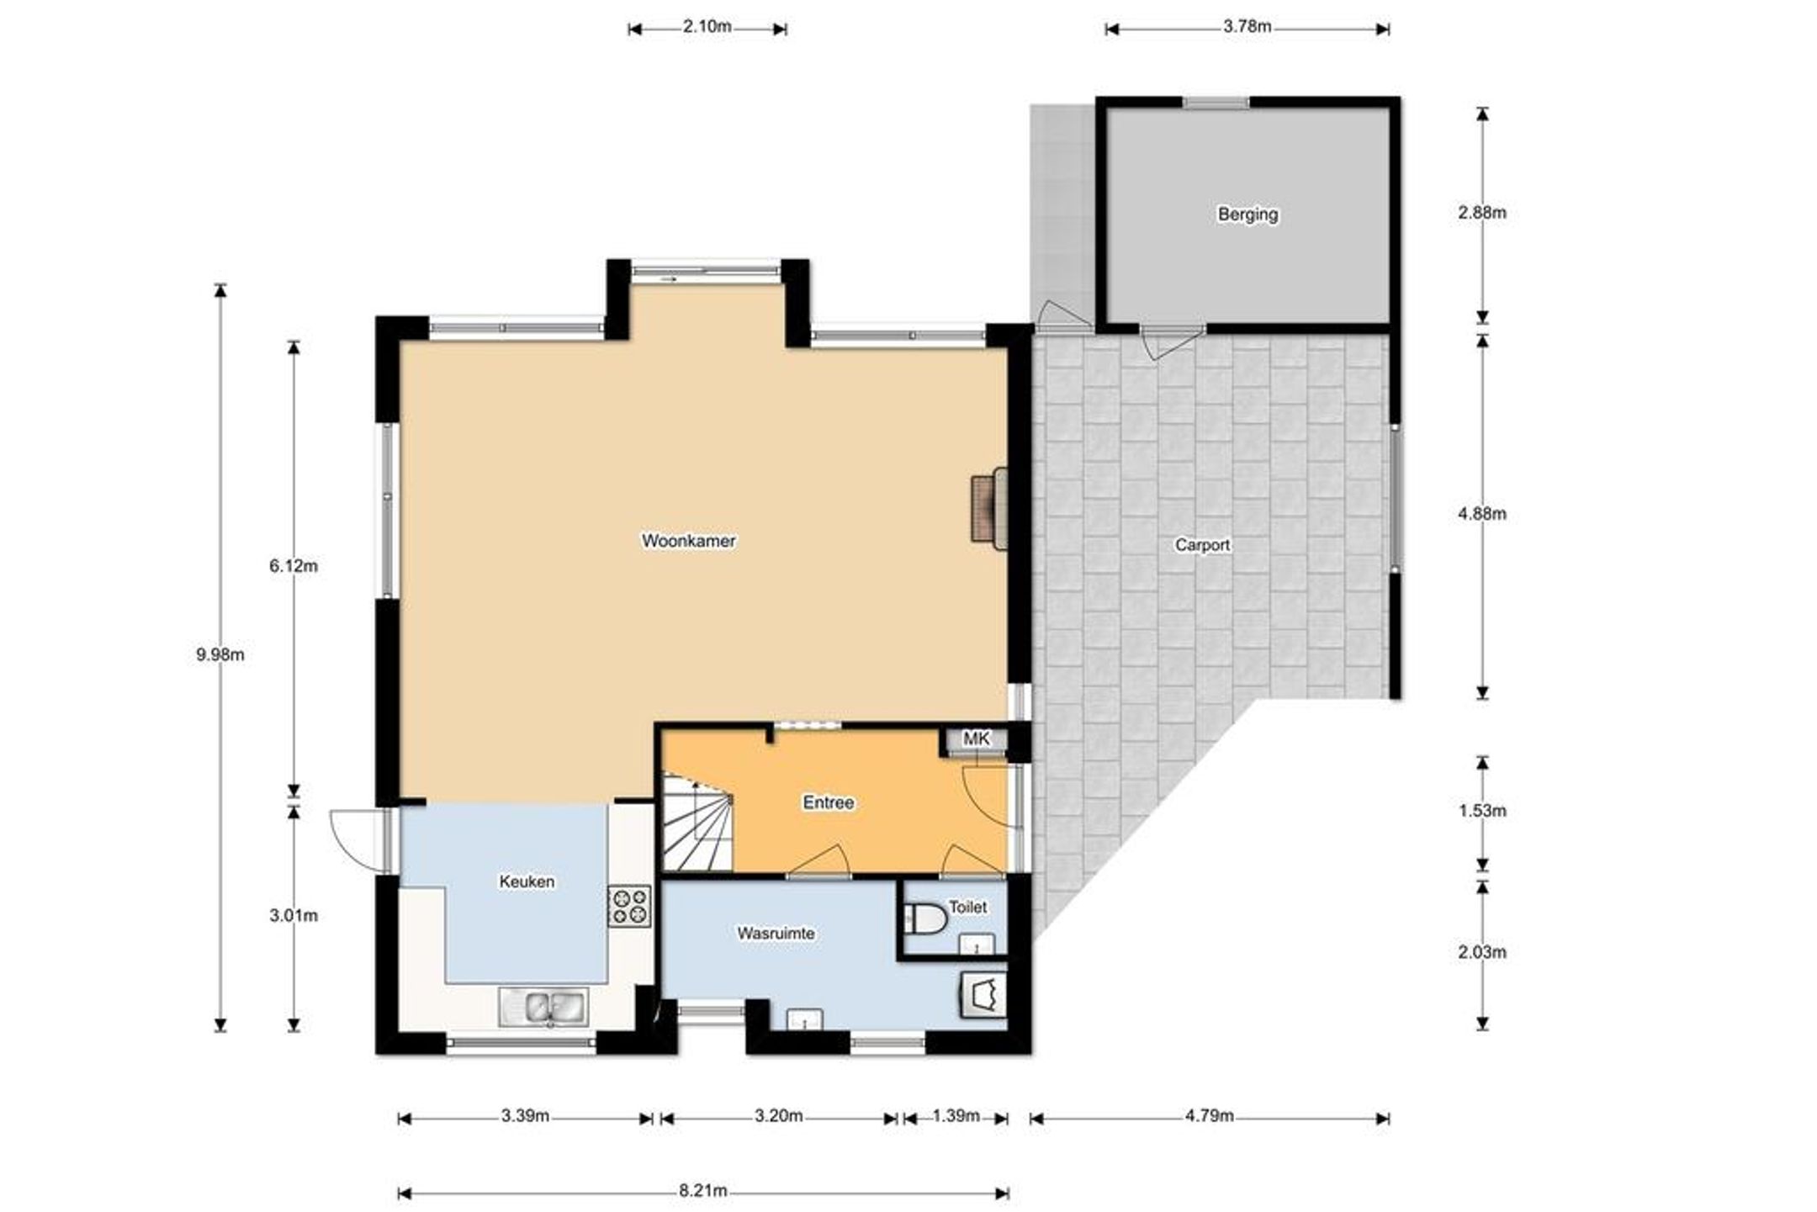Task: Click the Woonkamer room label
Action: coord(688,541)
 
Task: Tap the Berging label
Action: coord(1248,214)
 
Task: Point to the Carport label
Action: coord(1202,545)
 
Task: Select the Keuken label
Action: coord(527,881)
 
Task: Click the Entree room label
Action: coord(829,802)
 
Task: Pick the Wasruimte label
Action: coord(776,934)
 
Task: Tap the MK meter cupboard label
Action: coord(976,738)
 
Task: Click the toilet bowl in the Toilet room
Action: coord(924,918)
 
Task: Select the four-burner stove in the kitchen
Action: coord(629,906)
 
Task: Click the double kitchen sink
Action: coord(544,1007)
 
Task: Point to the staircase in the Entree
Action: coord(697,823)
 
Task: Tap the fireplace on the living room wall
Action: coord(989,508)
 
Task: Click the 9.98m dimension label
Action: coord(220,654)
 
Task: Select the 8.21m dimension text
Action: coord(703,1190)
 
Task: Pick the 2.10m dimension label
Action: coord(707,26)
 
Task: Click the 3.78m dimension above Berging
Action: coord(1247,26)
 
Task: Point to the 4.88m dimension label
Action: coord(1482,514)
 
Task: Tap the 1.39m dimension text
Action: coord(956,1116)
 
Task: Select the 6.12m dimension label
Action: coord(294,566)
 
